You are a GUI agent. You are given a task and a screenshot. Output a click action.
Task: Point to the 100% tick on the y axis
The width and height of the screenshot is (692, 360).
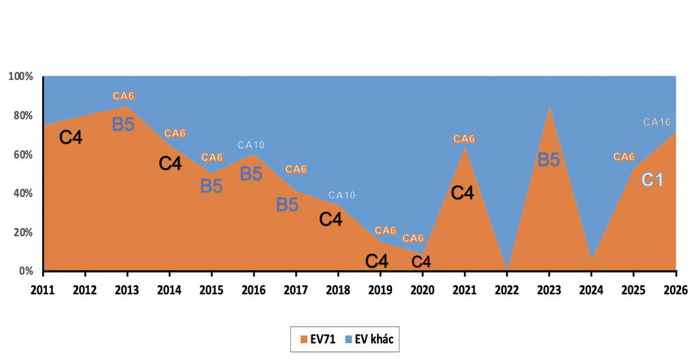20,76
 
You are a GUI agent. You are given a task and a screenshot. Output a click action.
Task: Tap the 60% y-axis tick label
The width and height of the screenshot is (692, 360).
22,155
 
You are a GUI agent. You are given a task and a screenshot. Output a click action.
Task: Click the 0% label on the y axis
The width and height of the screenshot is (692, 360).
25,271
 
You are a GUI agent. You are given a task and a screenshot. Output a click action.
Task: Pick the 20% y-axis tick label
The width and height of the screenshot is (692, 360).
22,233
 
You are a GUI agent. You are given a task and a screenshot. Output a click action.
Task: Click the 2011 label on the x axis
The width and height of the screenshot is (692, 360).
43,290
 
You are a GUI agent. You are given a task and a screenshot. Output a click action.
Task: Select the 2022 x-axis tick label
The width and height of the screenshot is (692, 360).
507,290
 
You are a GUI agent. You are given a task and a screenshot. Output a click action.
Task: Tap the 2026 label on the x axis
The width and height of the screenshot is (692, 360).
676,290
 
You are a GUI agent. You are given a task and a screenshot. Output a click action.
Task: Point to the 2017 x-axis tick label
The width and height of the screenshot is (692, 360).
296,290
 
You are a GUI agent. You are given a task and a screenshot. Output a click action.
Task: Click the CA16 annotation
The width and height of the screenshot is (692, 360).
657,122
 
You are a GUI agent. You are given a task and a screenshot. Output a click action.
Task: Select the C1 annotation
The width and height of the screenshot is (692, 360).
653,180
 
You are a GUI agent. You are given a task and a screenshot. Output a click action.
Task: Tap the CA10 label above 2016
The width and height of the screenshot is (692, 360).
251,145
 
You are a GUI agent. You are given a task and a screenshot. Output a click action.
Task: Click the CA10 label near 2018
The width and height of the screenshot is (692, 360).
342,195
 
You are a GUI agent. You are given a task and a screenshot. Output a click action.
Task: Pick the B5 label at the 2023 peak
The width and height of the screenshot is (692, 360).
548,160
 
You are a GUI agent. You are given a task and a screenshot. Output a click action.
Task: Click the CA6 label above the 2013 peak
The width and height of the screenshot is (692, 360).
123,96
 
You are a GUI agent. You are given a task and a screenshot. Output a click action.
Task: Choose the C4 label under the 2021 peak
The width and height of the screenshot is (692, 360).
462,193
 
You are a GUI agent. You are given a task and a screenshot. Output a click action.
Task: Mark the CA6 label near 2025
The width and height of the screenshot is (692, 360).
624,157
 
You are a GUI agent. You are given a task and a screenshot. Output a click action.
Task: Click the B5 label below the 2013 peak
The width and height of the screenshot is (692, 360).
123,124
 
